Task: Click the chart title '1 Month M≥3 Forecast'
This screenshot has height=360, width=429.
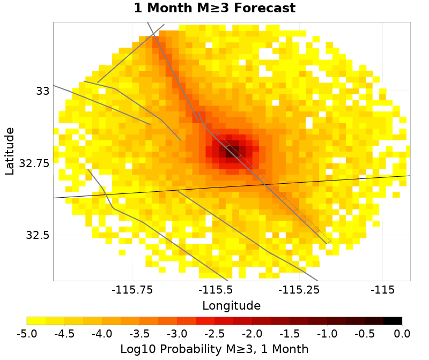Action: [x=214, y=8]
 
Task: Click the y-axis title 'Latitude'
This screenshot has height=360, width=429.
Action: [x=9, y=151]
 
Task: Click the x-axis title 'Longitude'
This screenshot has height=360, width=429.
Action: [x=231, y=306]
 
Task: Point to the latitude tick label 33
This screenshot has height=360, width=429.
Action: [x=43, y=91]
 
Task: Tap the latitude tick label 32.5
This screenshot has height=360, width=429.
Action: [x=38, y=235]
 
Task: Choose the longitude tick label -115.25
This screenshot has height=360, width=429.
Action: [x=299, y=290]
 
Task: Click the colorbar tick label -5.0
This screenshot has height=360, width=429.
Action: [x=27, y=334]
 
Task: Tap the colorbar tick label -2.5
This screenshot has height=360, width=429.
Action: [x=214, y=334]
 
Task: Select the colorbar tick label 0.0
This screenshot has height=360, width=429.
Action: [x=402, y=334]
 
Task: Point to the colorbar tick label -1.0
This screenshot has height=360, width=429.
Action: [x=327, y=334]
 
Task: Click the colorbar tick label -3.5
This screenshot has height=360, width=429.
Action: [x=139, y=334]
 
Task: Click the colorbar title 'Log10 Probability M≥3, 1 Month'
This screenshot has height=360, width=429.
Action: [x=214, y=349]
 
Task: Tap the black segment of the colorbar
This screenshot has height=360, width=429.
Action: [x=393, y=321]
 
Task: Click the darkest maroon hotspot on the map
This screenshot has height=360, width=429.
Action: [x=233, y=152]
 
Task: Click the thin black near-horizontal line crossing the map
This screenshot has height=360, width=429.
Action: [x=134, y=192]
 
